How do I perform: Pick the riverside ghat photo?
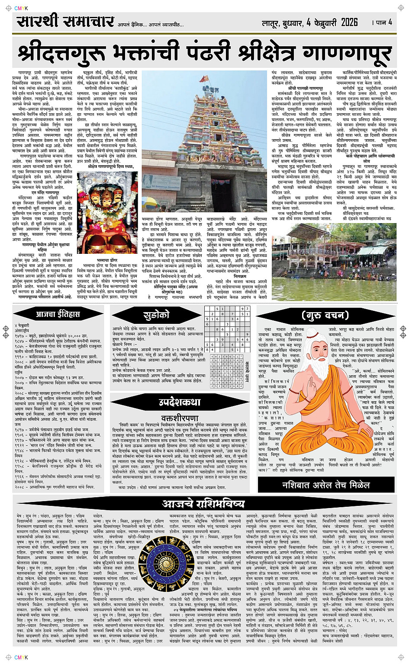pos(333,262)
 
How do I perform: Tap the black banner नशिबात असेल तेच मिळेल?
pos(326,485)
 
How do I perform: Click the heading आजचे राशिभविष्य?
pos(203,503)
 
